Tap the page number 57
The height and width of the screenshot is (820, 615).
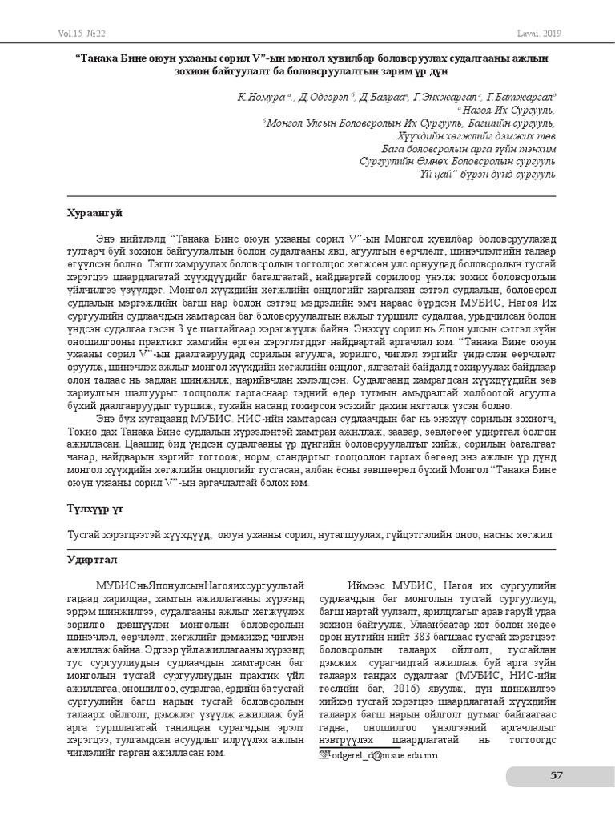[557, 774]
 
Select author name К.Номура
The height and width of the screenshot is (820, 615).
[253, 96]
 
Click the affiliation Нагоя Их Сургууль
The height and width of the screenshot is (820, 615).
[507, 110]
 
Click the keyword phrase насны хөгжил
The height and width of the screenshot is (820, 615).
[524, 533]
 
